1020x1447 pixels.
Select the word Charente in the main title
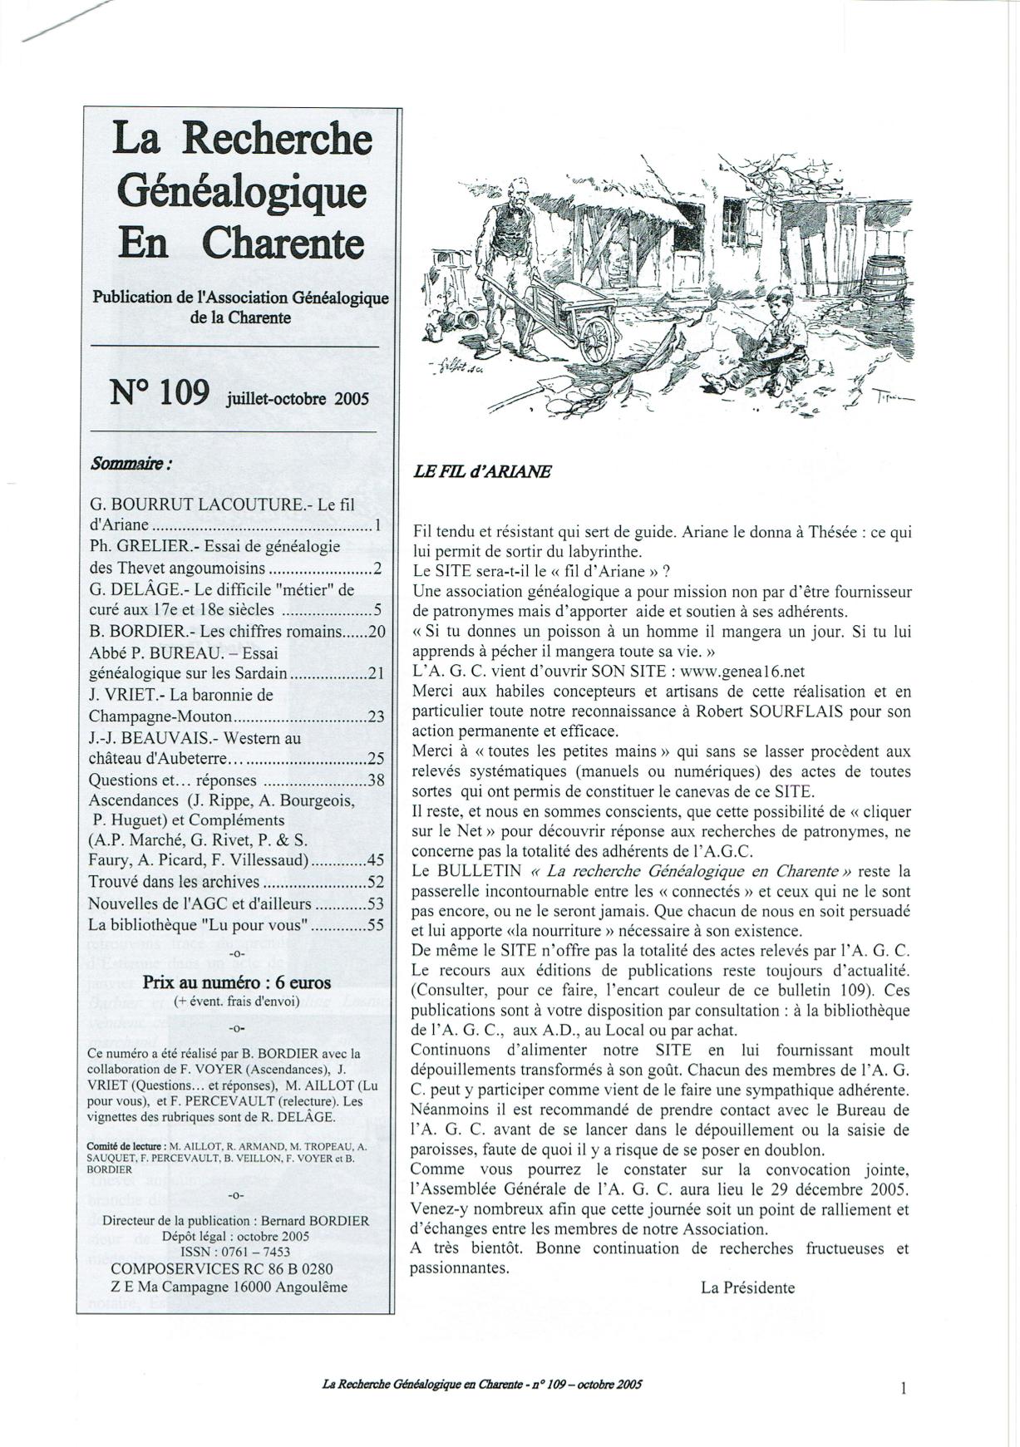[x=283, y=243]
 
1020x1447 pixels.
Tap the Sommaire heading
[x=131, y=463]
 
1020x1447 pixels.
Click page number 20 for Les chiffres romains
[x=377, y=632]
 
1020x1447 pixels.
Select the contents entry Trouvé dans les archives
[x=175, y=882]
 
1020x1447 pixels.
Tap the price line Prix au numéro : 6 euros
[x=237, y=982]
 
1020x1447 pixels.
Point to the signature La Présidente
[x=748, y=1288]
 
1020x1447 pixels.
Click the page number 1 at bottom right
[x=903, y=1387]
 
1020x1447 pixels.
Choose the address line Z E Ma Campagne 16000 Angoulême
[x=229, y=1287]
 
